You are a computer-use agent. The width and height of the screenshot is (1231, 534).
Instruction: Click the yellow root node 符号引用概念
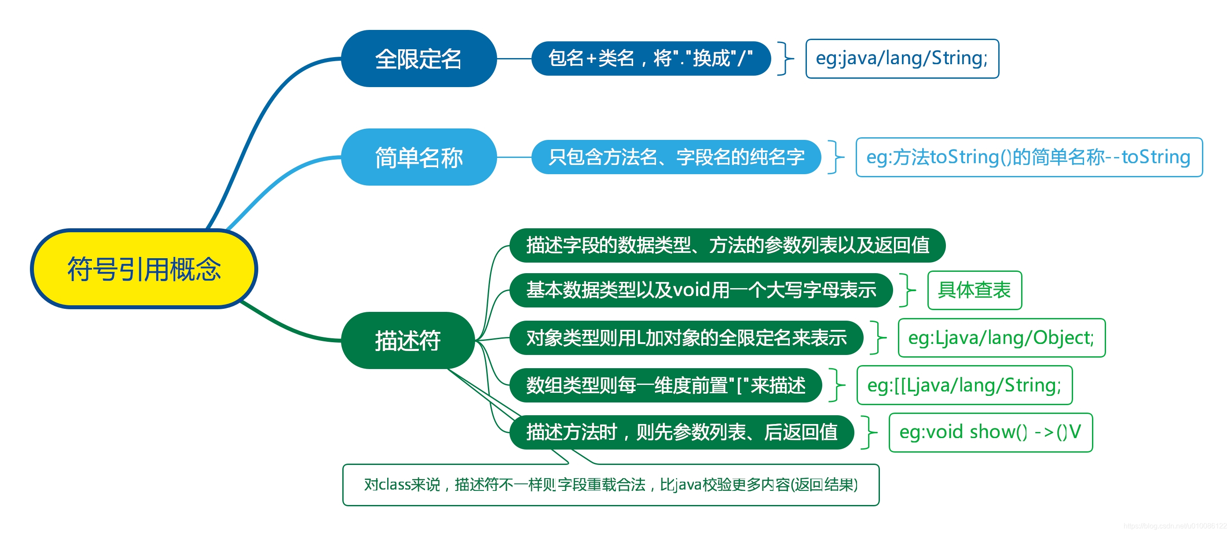[144, 269]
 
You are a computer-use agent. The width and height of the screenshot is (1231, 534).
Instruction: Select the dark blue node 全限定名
[418, 59]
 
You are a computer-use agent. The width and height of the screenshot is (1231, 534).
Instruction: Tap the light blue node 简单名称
[418, 157]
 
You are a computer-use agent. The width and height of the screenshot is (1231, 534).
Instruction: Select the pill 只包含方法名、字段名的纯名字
[676, 157]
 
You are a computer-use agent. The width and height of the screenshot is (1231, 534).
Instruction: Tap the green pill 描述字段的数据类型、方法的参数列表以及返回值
[727, 245]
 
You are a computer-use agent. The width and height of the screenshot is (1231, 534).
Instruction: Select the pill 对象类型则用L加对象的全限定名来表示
[686, 338]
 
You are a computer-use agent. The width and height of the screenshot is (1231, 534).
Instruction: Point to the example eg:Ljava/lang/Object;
[1002, 338]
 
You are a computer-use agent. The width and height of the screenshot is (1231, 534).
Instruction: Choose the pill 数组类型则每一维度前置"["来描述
[666, 385]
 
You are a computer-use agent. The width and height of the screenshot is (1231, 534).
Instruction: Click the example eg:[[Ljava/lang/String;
[964, 385]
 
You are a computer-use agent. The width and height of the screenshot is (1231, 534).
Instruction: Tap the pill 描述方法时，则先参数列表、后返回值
[681, 432]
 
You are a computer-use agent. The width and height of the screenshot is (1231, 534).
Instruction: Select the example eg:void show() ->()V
[991, 432]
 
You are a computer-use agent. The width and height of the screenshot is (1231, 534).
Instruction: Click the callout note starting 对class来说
[611, 485]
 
